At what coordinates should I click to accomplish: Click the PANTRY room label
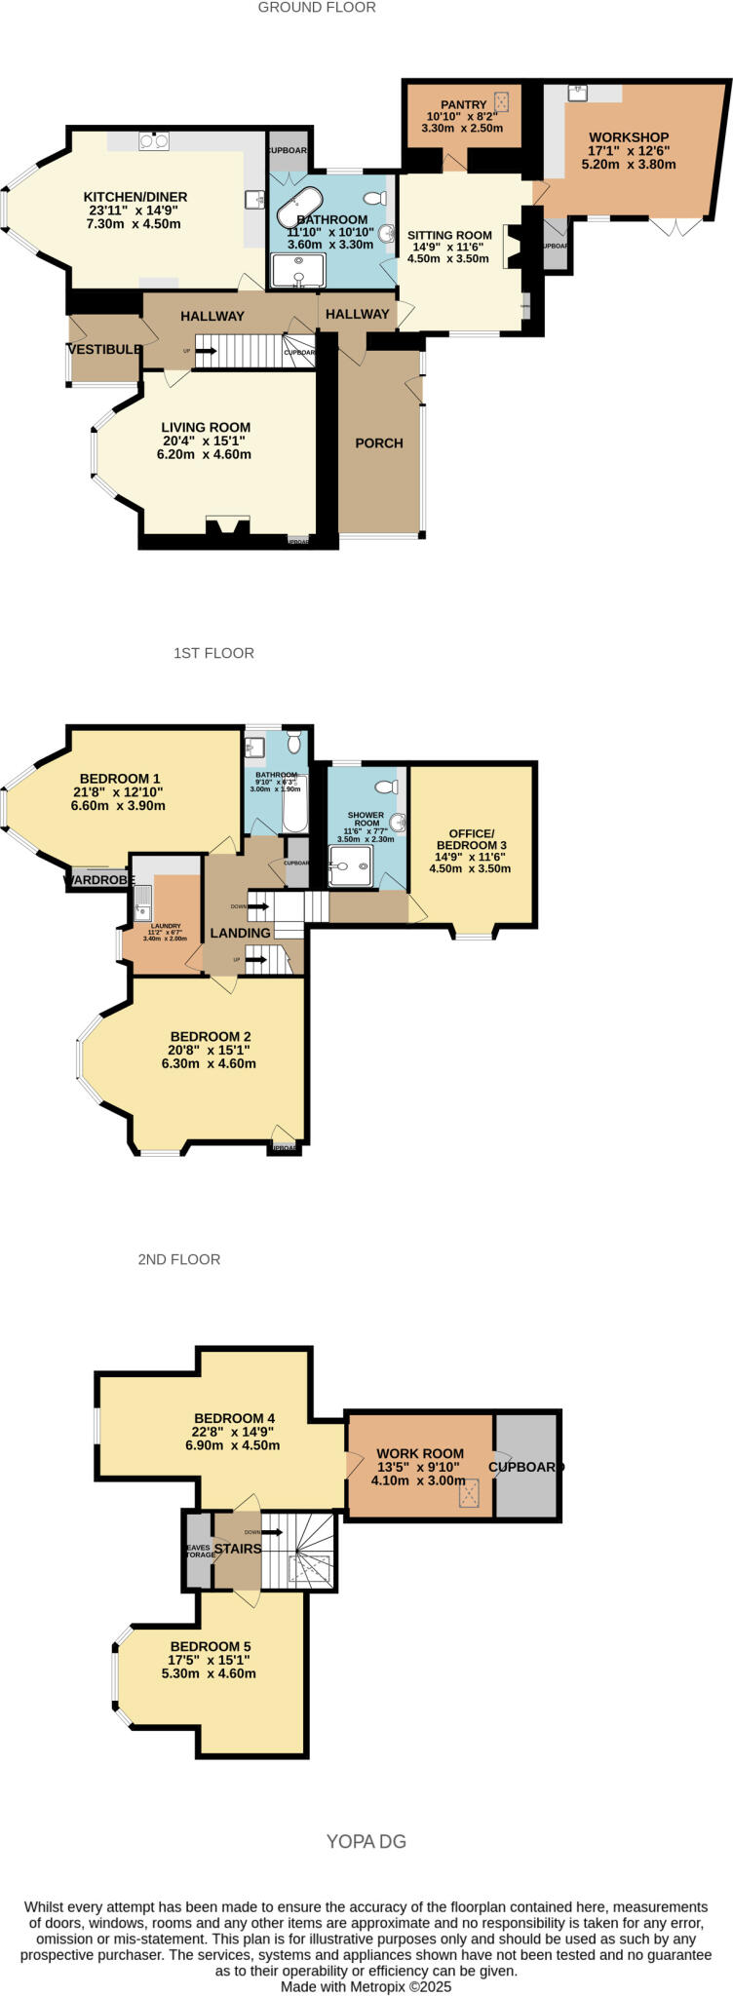tap(463, 105)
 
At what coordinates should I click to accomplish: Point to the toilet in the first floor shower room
tap(385, 787)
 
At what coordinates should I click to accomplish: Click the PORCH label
tap(379, 442)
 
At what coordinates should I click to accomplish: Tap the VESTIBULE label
tap(105, 349)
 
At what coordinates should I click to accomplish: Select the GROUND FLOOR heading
tap(317, 8)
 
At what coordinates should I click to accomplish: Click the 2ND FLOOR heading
tap(179, 1259)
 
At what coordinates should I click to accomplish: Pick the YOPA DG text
tap(366, 1841)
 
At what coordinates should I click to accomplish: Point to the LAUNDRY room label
tap(165, 926)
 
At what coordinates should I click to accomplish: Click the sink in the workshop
tap(578, 93)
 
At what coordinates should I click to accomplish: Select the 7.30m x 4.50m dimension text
tap(135, 224)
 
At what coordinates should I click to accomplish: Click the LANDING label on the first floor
tap(240, 933)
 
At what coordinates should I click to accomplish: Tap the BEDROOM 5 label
tap(209, 1646)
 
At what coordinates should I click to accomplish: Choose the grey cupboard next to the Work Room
tap(526, 1466)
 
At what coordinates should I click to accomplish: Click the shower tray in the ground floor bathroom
tap(297, 271)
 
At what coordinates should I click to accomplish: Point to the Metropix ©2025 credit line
tap(366, 1986)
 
